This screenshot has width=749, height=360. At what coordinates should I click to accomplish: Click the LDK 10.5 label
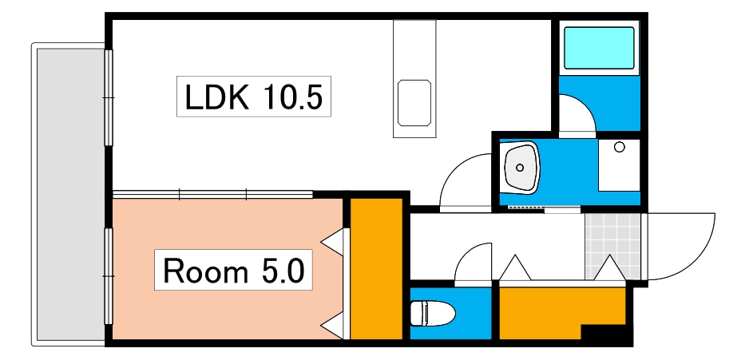[253, 97]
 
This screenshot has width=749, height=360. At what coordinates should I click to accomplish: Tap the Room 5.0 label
[233, 271]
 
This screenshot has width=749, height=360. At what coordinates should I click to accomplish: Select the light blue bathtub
[599, 48]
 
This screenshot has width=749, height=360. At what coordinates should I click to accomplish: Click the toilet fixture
[429, 313]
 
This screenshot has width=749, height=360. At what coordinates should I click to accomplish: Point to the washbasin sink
[521, 168]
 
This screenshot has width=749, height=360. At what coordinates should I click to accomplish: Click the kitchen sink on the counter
[414, 102]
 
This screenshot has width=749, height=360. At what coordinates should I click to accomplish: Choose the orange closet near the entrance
[559, 311]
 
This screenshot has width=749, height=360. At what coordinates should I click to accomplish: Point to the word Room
[205, 271]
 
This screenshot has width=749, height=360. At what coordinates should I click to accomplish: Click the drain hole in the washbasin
[520, 168]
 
